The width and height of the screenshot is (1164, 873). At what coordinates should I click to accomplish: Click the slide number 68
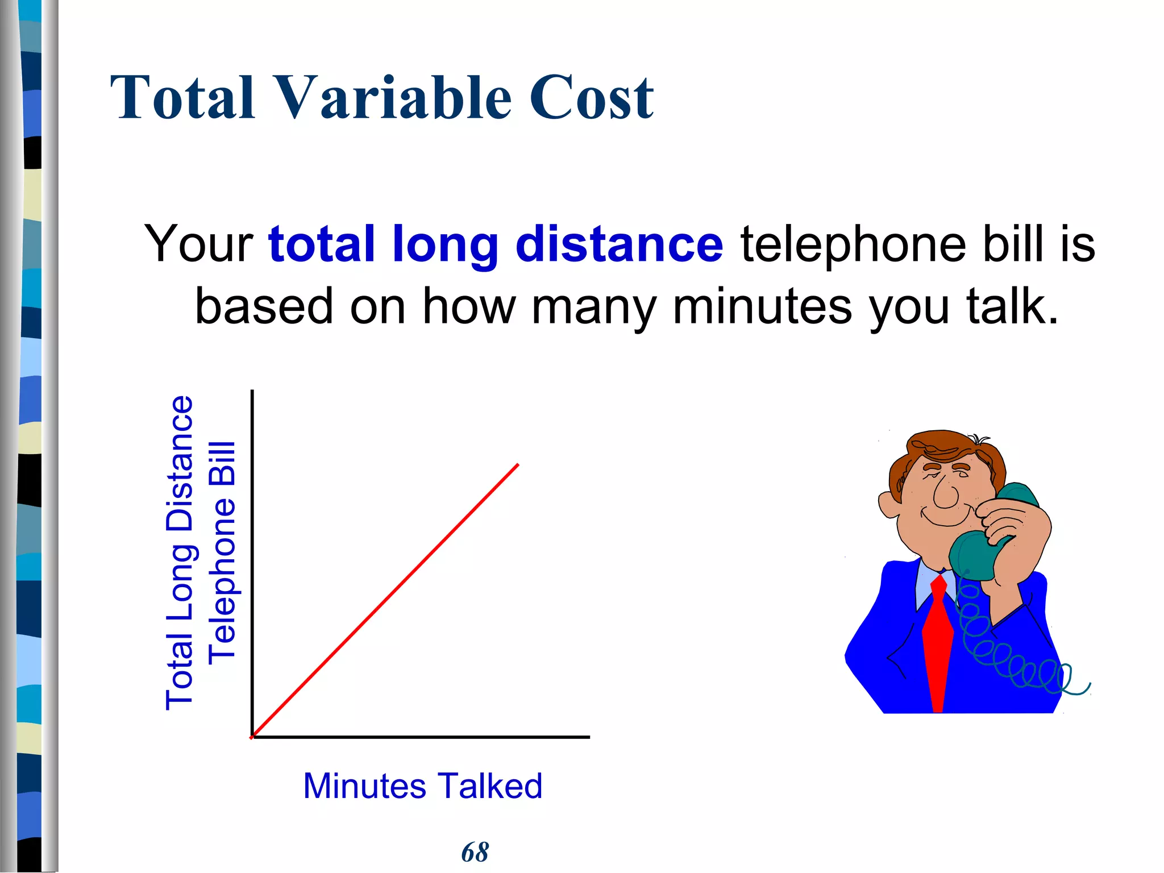click(475, 852)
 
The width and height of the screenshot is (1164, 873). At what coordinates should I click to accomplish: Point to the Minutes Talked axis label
click(422, 786)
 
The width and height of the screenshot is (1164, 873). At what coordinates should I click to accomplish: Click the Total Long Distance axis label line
click(180, 552)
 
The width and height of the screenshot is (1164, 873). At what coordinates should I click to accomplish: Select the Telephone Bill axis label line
click(222, 552)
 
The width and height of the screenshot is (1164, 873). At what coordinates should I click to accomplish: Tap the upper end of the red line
click(518, 465)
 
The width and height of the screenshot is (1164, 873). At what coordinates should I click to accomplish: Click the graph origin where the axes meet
click(252, 737)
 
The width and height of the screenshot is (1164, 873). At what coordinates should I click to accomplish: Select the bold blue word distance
click(619, 244)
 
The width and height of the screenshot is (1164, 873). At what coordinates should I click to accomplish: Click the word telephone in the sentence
click(853, 244)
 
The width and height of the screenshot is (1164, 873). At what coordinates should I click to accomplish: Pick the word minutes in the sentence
click(762, 307)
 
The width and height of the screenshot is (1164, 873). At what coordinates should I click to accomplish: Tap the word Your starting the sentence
click(198, 244)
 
